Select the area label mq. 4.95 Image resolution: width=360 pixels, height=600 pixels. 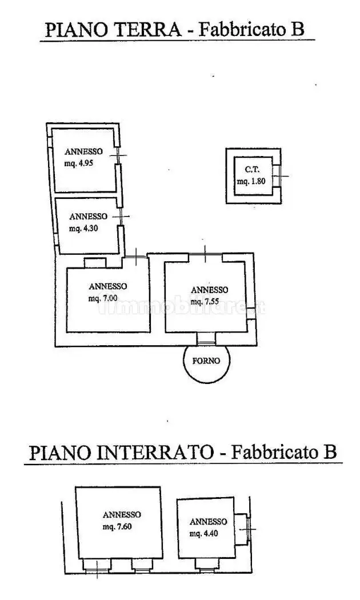(79, 163)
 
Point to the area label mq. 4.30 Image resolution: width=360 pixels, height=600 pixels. (83, 229)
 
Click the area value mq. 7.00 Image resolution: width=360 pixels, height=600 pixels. (103, 298)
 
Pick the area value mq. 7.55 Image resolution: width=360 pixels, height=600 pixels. (205, 302)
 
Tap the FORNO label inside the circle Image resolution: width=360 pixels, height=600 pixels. (206, 361)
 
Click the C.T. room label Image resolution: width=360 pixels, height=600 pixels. (252, 169)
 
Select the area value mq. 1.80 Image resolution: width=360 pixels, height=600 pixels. (251, 181)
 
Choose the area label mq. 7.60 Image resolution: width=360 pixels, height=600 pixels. (117, 526)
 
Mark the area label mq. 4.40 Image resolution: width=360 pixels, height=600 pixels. (204, 533)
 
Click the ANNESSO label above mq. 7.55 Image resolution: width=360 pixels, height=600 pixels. (209, 290)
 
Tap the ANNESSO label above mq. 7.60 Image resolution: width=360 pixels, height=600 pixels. (122, 515)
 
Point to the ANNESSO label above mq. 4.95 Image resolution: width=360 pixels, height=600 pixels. (83, 151)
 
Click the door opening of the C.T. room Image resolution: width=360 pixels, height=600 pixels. (277, 175)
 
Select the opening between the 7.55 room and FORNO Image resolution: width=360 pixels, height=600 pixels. (207, 338)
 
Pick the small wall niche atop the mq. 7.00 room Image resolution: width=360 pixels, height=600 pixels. (95, 263)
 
